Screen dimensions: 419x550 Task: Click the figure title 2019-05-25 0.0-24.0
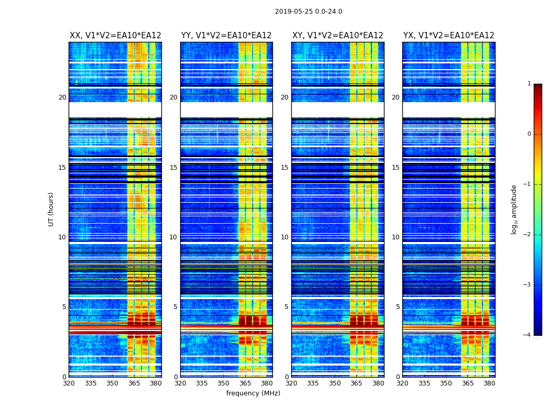[309, 12]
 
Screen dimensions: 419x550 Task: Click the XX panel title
[115, 36]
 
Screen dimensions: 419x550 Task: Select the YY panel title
[226, 36]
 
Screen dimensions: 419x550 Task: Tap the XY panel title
[338, 36]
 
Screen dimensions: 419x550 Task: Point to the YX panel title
[449, 36]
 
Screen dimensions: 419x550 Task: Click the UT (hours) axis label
[51, 209]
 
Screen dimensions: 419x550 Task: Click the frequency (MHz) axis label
[253, 393]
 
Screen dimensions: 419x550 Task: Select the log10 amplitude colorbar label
[514, 209]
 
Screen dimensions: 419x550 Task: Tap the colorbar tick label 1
[529, 84]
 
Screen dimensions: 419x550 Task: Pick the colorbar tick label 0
[529, 134]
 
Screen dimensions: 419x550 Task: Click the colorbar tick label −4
[527, 335]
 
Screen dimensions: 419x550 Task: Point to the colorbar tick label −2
[527, 235]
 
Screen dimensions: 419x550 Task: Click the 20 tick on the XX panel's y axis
[62, 97]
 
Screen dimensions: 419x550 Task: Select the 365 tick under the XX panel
[134, 383]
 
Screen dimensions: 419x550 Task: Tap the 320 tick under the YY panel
[180, 383]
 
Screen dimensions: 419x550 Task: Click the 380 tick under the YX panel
[489, 383]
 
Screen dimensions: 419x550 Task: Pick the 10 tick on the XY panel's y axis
[284, 237]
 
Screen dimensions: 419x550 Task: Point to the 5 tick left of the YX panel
[398, 307]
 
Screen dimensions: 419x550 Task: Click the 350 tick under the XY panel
[335, 383]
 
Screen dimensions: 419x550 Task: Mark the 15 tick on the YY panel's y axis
[173, 168]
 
